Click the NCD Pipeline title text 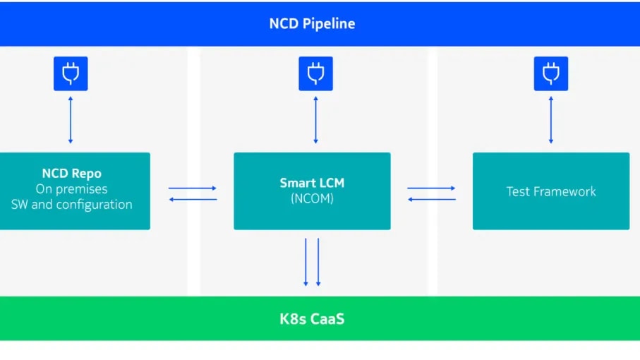click(312, 23)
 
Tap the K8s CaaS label click(312, 318)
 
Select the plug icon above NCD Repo click(71, 73)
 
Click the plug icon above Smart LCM click(315, 73)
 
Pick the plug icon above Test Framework click(551, 73)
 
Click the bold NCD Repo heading click(71, 174)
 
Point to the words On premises click(71, 189)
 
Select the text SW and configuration click(71, 205)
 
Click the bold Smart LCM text click(312, 184)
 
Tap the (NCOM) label click(312, 199)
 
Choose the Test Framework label click(551, 191)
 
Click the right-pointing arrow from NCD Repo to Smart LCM click(192, 188)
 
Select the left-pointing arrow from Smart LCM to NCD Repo click(192, 199)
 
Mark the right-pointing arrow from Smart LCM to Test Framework click(431, 188)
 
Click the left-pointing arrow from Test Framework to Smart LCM click(431, 199)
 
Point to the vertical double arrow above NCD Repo click(71, 120)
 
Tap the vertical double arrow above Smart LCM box click(315, 120)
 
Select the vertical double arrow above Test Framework click(551, 120)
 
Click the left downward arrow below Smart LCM click(306, 262)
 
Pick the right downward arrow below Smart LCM click(318, 262)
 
